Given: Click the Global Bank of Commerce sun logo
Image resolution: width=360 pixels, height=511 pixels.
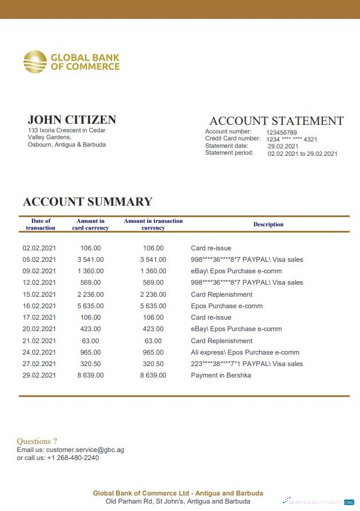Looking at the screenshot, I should [35, 62].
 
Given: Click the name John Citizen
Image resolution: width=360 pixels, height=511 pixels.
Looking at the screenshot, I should [72, 120].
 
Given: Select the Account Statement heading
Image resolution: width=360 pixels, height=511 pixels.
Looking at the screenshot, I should [276, 121].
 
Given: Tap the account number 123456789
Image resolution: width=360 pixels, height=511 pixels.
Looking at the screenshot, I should [282, 132].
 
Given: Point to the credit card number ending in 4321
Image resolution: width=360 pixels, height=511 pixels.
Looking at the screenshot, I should [291, 139].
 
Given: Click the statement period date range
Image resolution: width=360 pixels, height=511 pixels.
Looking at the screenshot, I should [302, 154].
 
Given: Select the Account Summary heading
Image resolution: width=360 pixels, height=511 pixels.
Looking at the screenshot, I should [88, 202].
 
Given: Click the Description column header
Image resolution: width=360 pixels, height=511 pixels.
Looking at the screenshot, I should [268, 225].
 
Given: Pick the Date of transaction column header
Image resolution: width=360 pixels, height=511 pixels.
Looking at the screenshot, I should [41, 225].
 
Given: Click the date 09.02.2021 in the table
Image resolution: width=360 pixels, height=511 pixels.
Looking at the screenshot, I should [39, 271].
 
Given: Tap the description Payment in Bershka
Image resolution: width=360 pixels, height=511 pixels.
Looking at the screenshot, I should [221, 375].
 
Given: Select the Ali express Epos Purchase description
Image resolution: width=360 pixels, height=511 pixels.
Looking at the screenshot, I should [245, 352].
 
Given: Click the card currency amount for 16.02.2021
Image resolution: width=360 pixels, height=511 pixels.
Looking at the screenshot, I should [90, 306].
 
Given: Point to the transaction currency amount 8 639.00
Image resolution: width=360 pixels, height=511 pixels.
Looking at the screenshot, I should [153, 375].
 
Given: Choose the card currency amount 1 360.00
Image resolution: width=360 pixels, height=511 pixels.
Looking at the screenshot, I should [90, 271].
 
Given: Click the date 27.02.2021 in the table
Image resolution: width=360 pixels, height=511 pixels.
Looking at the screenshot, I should [39, 364].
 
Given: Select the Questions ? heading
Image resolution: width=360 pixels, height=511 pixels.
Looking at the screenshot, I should [37, 441].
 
